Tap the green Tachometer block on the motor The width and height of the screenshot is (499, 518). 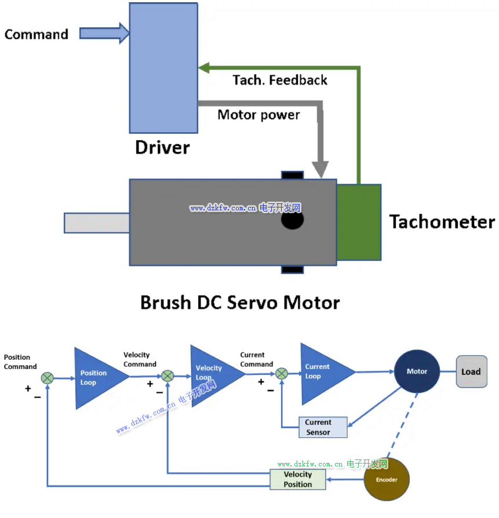[359, 222]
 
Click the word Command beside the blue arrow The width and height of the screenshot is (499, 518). [37, 34]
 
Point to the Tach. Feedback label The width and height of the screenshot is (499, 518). [280, 80]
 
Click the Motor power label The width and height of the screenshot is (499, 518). [258, 115]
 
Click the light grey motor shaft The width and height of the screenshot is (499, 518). [96, 223]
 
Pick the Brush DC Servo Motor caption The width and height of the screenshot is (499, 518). [240, 302]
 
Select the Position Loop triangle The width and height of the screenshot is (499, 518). [96, 377]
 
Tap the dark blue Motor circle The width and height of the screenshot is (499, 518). [417, 371]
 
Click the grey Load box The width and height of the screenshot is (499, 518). [471, 371]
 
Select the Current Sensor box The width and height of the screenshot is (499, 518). [322, 427]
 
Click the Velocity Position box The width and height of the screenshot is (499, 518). [298, 479]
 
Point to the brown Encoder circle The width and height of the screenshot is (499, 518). [387, 479]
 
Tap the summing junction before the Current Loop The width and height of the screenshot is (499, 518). [282, 374]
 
